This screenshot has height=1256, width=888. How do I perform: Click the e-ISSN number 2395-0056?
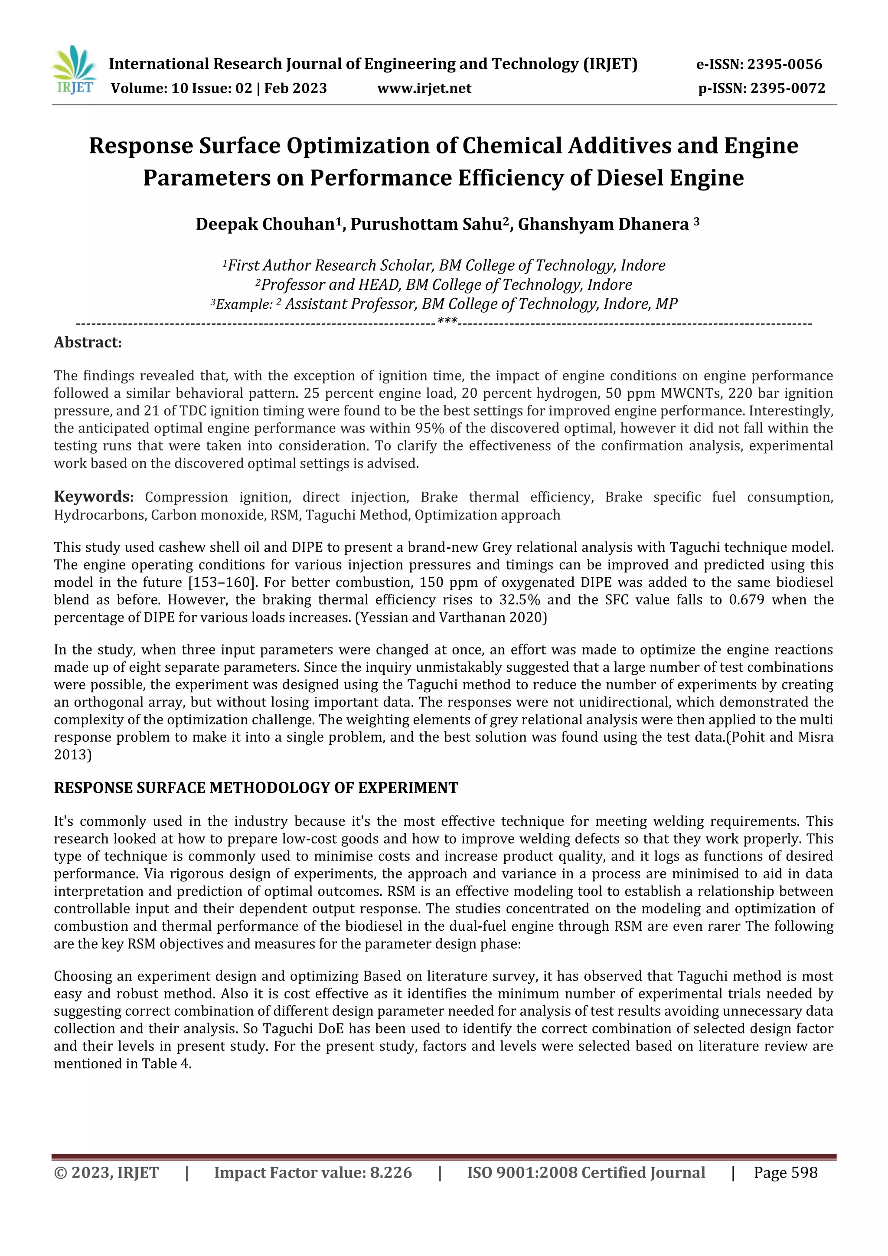coord(785,64)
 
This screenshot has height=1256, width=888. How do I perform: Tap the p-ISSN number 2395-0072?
coord(787,88)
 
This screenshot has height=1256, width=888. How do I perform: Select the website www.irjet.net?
coord(424,88)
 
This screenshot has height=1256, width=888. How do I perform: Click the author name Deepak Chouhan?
coord(265,224)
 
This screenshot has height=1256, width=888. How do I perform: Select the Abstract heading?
coord(88,343)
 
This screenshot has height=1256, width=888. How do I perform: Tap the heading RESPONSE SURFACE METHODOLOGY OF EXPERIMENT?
coord(256,788)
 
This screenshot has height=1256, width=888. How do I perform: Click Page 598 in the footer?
coord(785,1172)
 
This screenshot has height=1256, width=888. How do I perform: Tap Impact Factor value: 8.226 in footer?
coord(313,1172)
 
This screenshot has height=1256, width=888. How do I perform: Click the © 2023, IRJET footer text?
coord(106,1172)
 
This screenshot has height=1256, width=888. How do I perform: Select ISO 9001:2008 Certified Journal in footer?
coord(586,1172)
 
